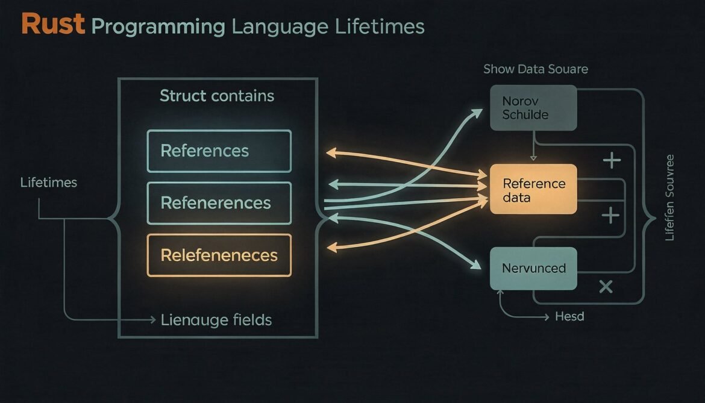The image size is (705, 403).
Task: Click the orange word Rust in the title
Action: (x=52, y=25)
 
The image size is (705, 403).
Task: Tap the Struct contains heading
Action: (x=217, y=96)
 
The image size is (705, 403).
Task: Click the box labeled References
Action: (x=219, y=151)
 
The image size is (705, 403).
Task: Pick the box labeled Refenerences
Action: (x=219, y=203)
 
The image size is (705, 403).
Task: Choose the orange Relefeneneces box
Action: (x=219, y=255)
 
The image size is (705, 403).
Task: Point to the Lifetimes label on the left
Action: (x=48, y=182)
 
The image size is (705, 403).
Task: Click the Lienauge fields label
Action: (x=216, y=320)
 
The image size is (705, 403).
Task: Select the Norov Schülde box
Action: (x=533, y=107)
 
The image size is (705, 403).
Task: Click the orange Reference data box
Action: (x=533, y=190)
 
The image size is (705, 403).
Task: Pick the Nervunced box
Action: (x=533, y=267)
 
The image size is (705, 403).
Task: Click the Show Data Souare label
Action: (x=535, y=69)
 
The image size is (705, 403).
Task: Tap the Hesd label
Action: (x=569, y=316)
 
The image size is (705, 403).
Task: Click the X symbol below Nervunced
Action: (x=606, y=287)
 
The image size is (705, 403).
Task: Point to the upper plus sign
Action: (x=612, y=160)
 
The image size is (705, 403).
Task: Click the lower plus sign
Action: (x=611, y=215)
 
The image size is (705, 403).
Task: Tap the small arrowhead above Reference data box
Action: (x=533, y=158)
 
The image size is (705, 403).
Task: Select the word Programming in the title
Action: (x=158, y=27)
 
